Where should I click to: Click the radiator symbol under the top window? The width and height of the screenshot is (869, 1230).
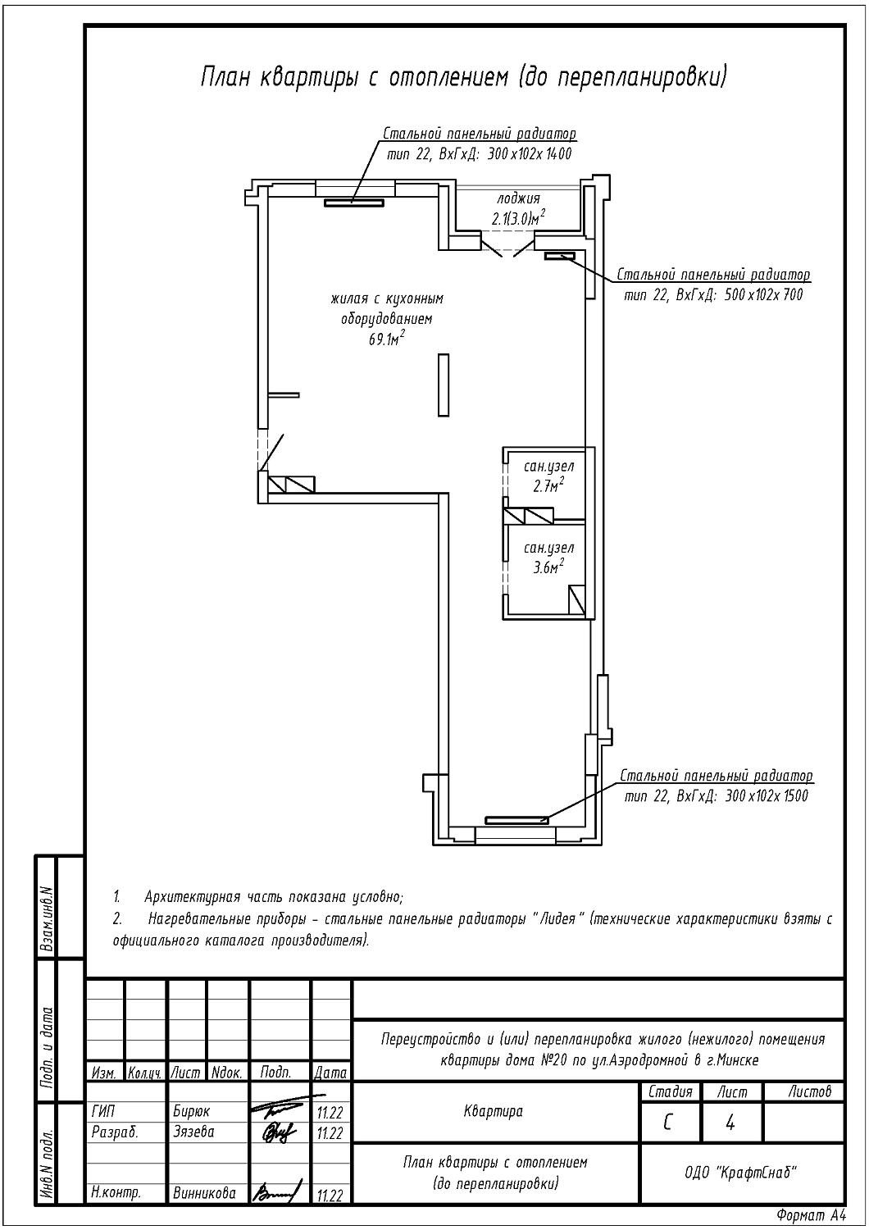coord(353,203)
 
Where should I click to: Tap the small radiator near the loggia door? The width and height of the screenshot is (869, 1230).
coord(559,255)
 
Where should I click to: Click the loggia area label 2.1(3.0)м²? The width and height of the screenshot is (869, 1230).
coord(518,219)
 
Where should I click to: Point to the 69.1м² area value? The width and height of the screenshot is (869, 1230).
coord(386,339)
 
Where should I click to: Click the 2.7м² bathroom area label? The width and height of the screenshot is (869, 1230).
coord(549,485)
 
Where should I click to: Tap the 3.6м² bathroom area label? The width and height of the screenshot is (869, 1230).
coord(549,567)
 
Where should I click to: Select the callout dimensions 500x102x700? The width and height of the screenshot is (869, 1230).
coord(764,295)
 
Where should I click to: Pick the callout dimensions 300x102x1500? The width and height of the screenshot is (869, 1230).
coord(767,796)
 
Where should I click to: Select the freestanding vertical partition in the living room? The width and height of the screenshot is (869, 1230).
coord(444,385)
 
